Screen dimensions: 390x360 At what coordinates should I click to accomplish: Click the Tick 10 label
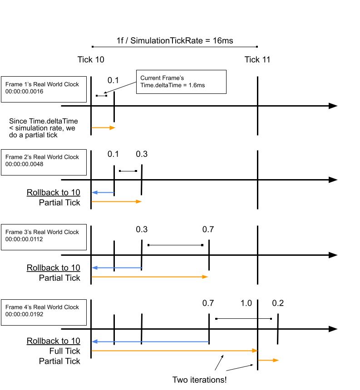(x=91, y=60)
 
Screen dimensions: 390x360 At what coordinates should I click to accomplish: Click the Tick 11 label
(x=257, y=60)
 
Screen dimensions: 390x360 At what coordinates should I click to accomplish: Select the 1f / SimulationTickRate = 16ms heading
(x=175, y=40)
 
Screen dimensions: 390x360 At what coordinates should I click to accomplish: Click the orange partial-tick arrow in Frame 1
(x=104, y=128)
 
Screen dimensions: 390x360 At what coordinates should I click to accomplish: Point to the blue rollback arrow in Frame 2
(x=103, y=192)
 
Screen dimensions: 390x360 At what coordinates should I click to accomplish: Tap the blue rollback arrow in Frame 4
(x=150, y=341)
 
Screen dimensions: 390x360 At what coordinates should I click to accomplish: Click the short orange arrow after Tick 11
(x=268, y=360)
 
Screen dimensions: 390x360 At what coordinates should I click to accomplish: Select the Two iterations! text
(x=199, y=380)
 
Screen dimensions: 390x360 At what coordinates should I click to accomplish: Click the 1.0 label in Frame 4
(x=246, y=303)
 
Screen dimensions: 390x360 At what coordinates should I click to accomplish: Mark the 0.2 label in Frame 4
(x=277, y=303)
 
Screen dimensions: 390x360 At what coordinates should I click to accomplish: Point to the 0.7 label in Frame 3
(x=208, y=229)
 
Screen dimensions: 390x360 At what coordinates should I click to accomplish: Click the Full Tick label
(x=64, y=351)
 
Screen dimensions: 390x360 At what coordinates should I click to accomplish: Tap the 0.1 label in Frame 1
(x=113, y=80)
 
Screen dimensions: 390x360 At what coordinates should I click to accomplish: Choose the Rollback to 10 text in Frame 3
(x=53, y=268)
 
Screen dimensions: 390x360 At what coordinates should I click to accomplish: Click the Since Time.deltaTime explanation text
(x=44, y=128)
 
